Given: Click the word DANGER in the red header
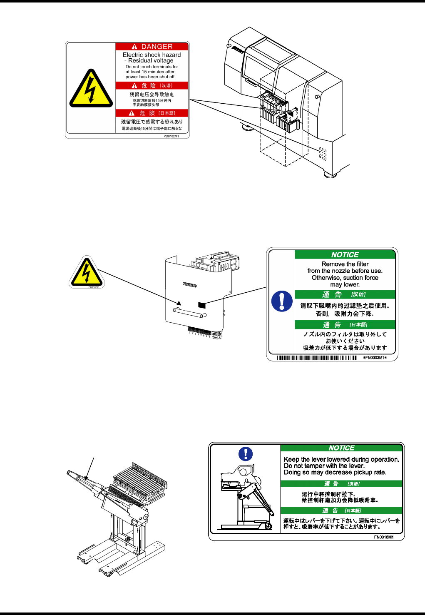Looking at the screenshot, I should pos(157,47).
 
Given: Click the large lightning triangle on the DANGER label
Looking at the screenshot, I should pos(91,89).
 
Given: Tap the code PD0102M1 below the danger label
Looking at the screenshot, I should pos(171,136).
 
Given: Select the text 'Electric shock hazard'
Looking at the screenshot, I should pos(152,55).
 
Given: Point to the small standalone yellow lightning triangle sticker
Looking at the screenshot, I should pos(86,273).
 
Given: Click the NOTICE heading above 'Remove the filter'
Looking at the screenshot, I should pos(345,255).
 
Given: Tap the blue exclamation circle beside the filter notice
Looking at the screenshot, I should pos(282,301).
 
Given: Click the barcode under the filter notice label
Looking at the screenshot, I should pos(317,358).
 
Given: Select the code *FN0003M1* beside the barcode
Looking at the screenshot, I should pos(375,358).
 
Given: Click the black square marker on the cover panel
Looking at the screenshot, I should pos(202,305).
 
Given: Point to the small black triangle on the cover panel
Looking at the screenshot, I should pos(179,303).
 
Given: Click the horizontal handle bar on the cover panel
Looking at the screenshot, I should pos(189,312).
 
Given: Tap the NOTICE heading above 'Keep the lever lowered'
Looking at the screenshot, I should pos(341,448).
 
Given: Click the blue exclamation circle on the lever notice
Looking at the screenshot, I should pos(246,453).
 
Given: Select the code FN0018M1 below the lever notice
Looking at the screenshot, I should pos(383,537).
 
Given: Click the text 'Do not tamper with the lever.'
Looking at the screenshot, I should pos(324,466).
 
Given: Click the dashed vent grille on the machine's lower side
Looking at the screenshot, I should pos(323,154).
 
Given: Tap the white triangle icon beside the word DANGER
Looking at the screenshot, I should pos(134,47).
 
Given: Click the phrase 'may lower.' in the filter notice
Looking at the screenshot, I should pos(345,285).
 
